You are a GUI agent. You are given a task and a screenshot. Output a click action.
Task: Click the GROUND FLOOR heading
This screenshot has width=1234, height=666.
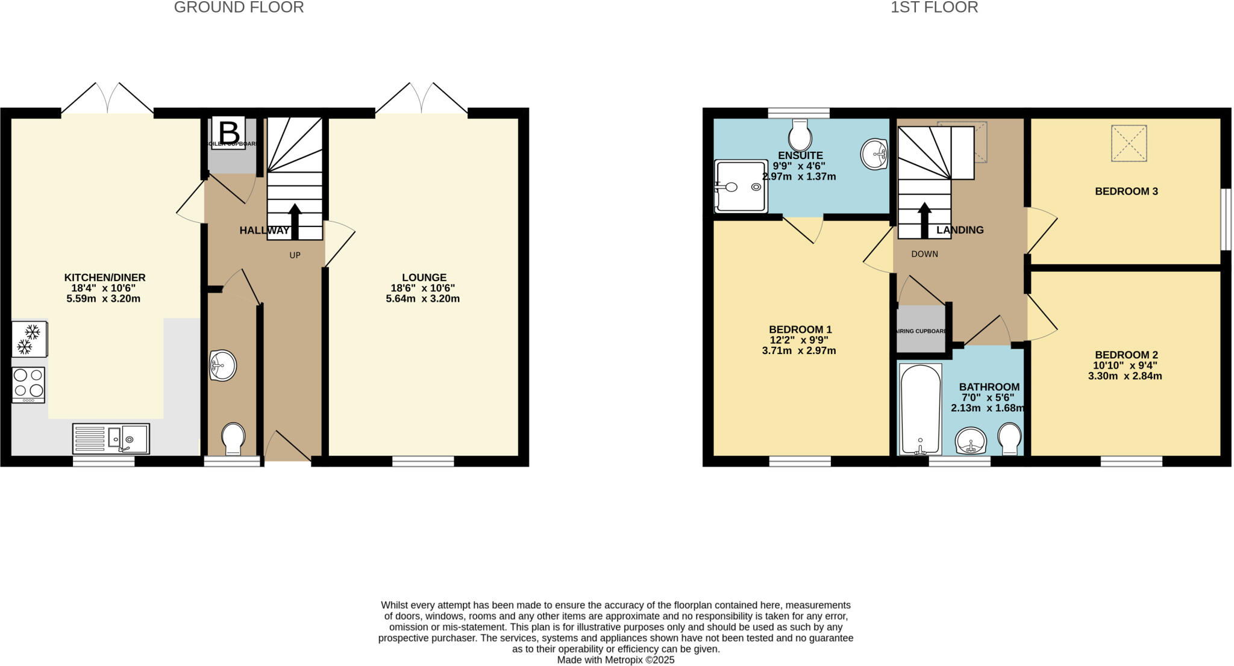coord(239,7)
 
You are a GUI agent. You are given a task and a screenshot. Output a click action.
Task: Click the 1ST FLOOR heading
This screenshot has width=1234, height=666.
coord(934,7)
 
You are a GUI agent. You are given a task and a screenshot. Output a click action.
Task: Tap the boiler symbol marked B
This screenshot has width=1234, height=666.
coord(228,132)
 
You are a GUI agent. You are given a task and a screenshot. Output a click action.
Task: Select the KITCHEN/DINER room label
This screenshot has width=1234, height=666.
coord(105,278)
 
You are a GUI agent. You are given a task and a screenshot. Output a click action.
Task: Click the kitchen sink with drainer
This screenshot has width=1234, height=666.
coord(111,438)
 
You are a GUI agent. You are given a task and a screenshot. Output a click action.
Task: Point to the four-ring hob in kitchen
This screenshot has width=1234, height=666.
coord(28,385)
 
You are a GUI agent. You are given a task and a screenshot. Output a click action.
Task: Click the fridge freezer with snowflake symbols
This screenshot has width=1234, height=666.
coord(29,339)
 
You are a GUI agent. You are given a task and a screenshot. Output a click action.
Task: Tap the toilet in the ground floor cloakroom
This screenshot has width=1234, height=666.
coord(233,438)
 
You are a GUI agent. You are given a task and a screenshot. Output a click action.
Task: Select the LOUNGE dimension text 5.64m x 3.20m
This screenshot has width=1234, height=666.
coord(423,299)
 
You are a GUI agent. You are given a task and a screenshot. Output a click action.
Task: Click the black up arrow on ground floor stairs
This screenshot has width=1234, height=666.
coord(295,222)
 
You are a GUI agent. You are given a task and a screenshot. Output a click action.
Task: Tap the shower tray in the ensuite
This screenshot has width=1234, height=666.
coord(741,186)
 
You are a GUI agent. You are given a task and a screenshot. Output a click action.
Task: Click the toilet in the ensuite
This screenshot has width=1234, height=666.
coord(800,135)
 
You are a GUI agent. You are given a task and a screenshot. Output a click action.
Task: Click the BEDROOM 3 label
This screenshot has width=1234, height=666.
coord(1126,191)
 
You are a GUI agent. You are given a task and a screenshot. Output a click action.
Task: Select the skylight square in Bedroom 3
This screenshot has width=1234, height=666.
coord(1129,143)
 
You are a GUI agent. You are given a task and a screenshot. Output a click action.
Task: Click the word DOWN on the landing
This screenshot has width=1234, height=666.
coord(924,254)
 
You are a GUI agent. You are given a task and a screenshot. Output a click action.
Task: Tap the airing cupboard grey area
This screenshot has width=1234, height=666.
coord(920,330)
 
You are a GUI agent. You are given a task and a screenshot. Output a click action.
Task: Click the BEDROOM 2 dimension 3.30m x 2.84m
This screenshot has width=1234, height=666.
coord(1125,376)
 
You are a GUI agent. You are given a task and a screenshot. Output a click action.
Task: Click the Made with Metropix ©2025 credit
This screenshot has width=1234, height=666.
coord(615,660)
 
